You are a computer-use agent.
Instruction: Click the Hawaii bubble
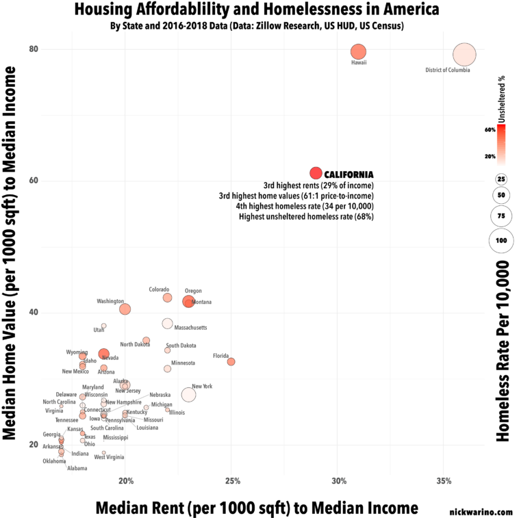(x=359, y=52)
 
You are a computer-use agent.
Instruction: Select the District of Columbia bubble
(x=464, y=54)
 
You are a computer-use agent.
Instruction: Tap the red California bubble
(x=316, y=173)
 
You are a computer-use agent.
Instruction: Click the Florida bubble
(x=231, y=361)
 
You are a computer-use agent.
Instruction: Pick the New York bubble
(x=189, y=395)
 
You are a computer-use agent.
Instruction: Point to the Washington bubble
(x=125, y=309)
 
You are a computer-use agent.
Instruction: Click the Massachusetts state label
(x=186, y=328)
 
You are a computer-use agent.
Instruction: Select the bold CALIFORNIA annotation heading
(x=349, y=174)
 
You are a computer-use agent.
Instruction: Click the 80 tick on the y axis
(x=33, y=49)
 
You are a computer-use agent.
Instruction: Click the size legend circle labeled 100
(x=501, y=240)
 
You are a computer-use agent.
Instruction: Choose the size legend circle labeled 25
(x=501, y=179)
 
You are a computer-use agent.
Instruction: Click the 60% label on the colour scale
(x=490, y=129)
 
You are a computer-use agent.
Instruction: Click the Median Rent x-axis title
(x=256, y=507)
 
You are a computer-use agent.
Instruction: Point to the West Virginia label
(x=110, y=457)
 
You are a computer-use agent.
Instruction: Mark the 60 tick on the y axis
(x=33, y=181)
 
